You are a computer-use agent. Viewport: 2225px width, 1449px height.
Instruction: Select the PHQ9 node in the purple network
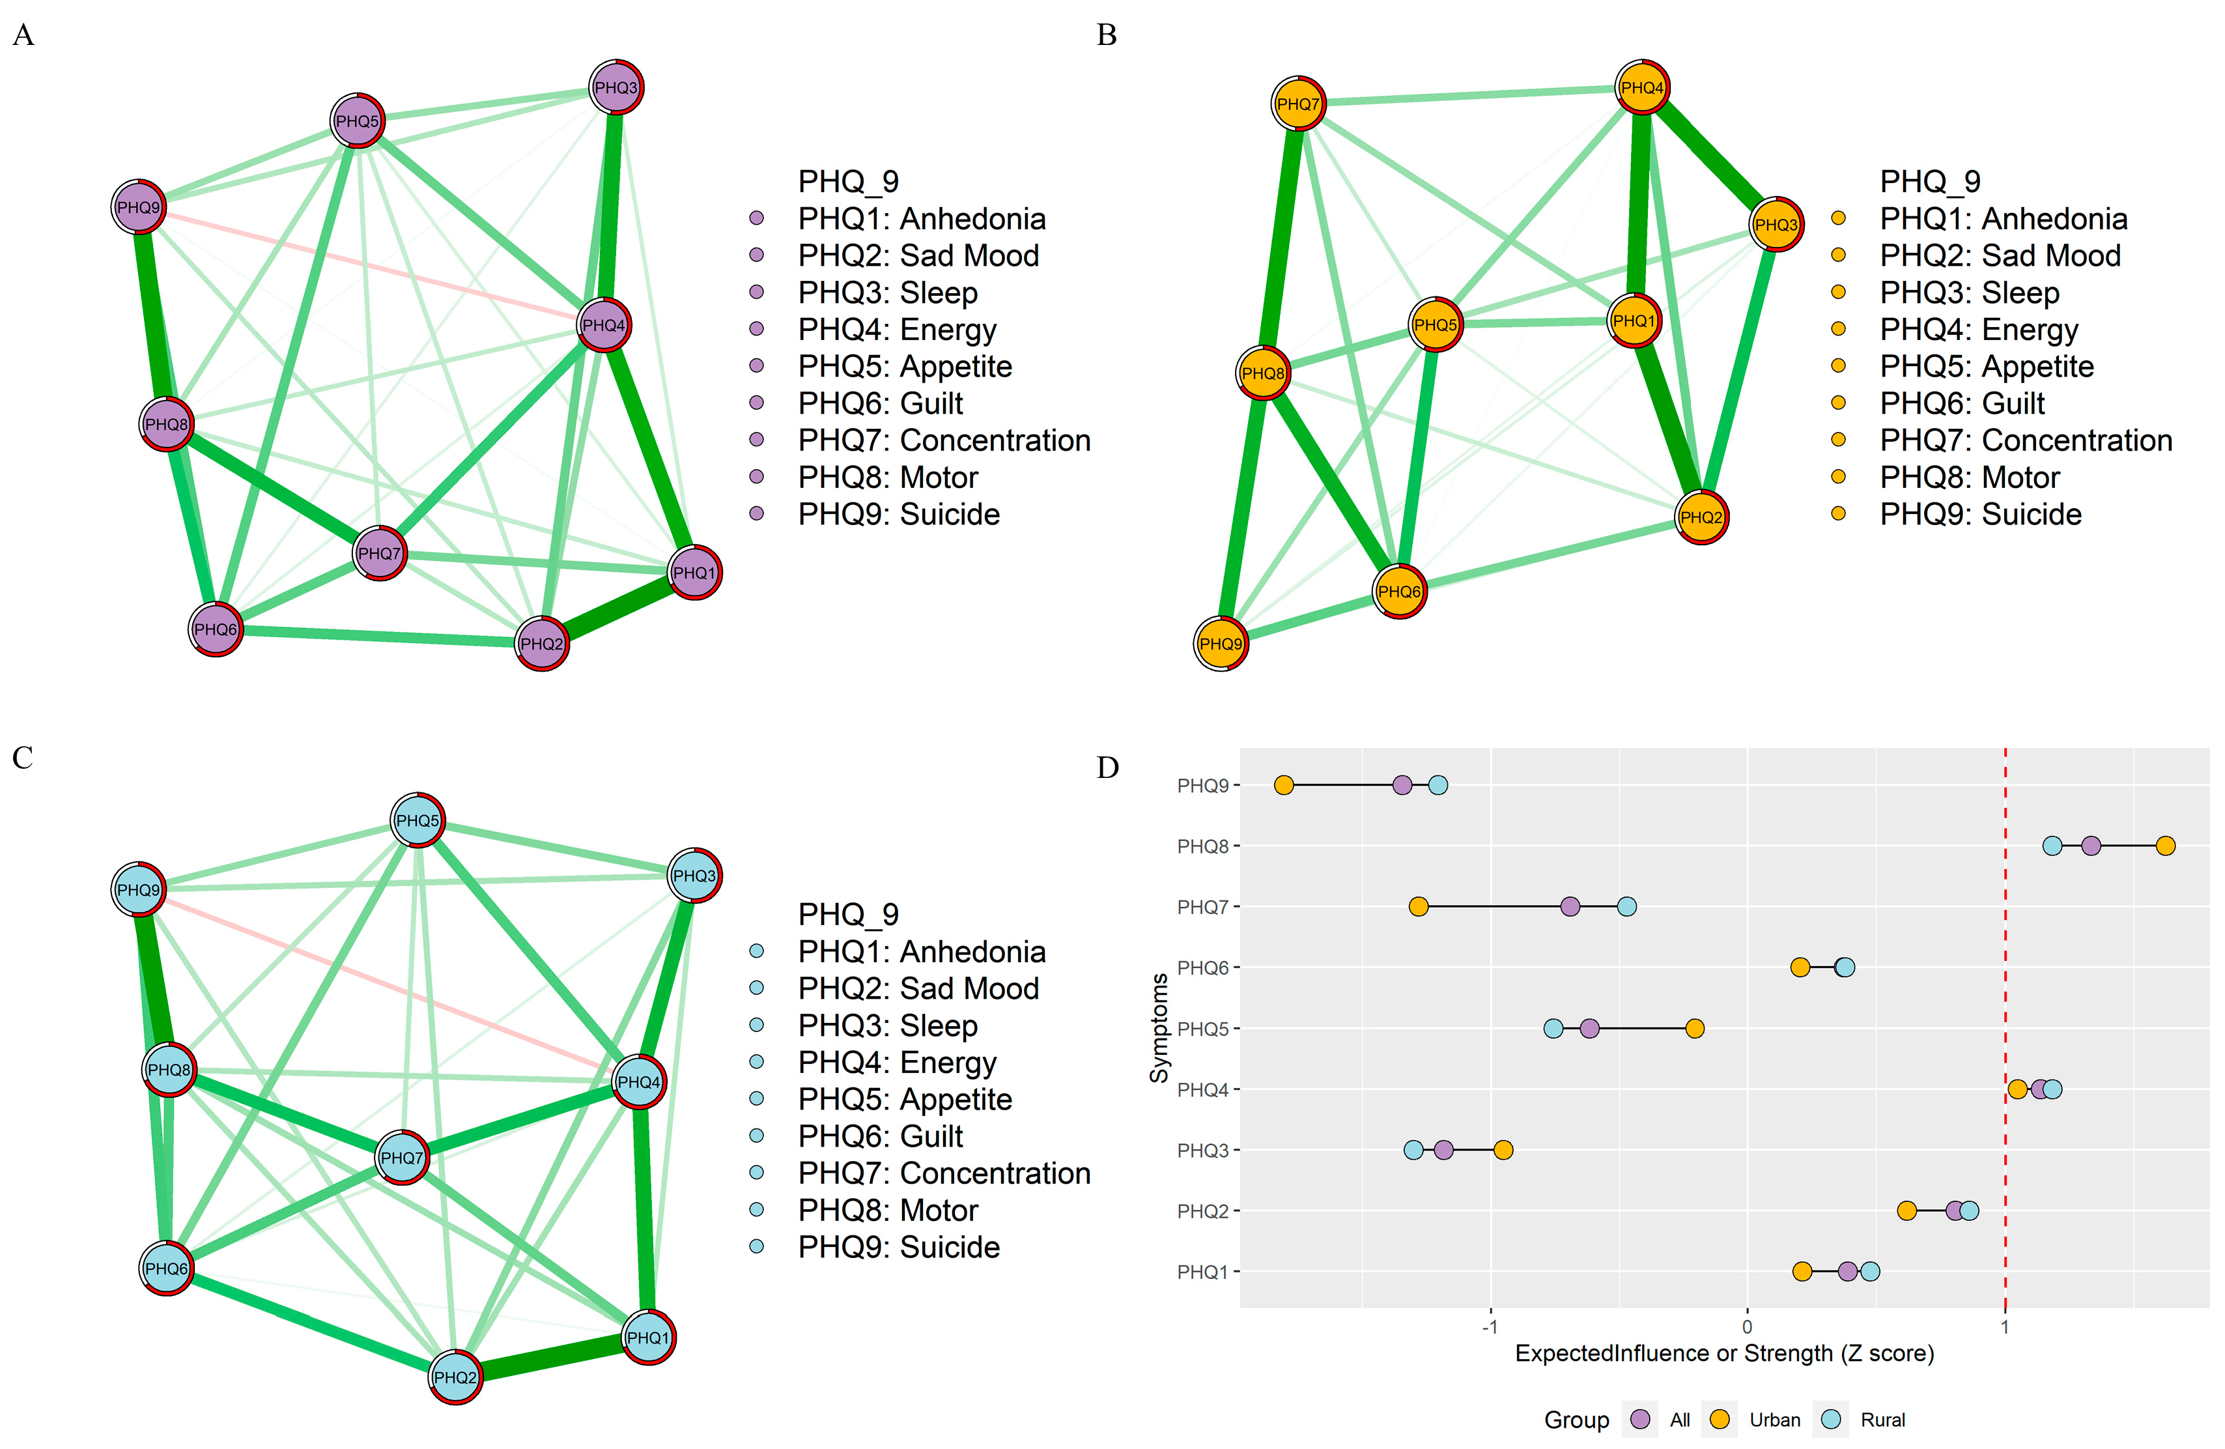tap(138, 207)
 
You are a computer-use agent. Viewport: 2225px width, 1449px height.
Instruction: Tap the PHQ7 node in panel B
tap(1299, 104)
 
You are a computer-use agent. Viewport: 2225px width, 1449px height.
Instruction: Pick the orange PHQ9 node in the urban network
tap(1221, 643)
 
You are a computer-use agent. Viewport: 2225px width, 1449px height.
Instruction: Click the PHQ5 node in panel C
tap(417, 820)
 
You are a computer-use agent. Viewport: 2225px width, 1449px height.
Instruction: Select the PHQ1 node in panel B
tap(1634, 321)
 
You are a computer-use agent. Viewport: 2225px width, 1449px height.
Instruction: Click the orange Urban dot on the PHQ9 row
tap(1284, 785)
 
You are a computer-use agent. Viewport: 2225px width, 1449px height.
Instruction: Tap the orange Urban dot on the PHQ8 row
tap(2165, 846)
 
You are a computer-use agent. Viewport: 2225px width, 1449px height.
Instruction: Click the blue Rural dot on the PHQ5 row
tap(1553, 1028)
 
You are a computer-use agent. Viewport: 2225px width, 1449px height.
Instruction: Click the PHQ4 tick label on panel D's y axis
tap(1203, 1090)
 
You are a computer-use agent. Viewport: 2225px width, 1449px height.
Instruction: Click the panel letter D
tap(1108, 768)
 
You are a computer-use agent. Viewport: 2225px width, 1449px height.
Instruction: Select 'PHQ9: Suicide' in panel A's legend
tap(898, 514)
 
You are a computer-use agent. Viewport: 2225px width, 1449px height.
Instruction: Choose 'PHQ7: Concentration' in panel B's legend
tap(2025, 440)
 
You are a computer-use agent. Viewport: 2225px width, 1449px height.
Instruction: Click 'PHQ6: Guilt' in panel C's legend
tap(880, 1136)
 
